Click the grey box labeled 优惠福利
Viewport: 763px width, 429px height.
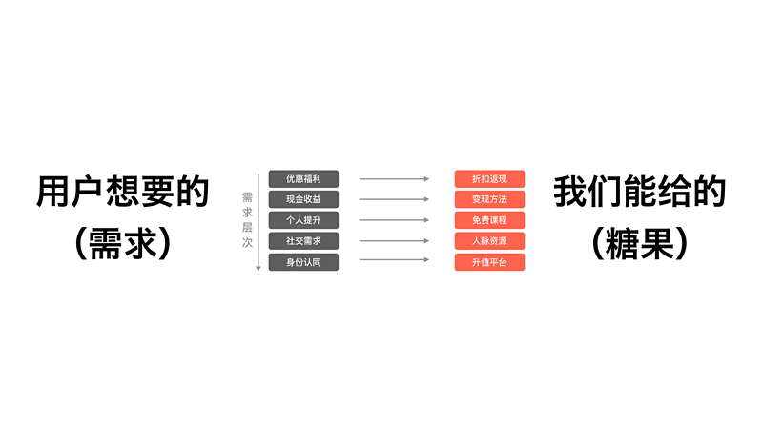coord(303,179)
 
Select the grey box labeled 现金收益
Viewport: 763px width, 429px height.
coord(303,199)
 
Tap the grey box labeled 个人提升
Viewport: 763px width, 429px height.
coord(303,220)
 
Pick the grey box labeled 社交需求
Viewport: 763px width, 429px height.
coord(303,241)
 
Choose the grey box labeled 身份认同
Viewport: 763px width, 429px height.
coord(303,262)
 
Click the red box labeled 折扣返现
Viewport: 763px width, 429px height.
coord(489,179)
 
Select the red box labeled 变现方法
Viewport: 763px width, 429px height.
coord(489,199)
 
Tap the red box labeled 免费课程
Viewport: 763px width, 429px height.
coord(489,220)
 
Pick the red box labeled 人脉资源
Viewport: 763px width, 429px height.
coord(489,241)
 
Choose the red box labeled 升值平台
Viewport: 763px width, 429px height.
coord(489,262)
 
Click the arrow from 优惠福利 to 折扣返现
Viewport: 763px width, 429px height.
coord(394,179)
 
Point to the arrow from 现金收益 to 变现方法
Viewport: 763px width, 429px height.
coord(394,199)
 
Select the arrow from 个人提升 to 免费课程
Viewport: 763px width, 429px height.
coord(394,220)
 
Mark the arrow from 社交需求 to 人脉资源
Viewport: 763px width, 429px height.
coord(394,241)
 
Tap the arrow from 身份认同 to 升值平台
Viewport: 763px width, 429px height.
coord(394,259)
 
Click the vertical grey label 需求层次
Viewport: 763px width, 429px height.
coord(247,220)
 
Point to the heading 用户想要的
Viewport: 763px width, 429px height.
coord(123,192)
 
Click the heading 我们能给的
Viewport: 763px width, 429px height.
coord(639,192)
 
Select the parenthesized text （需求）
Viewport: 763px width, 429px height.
coord(123,243)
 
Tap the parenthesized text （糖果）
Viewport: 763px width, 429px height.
coord(639,243)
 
